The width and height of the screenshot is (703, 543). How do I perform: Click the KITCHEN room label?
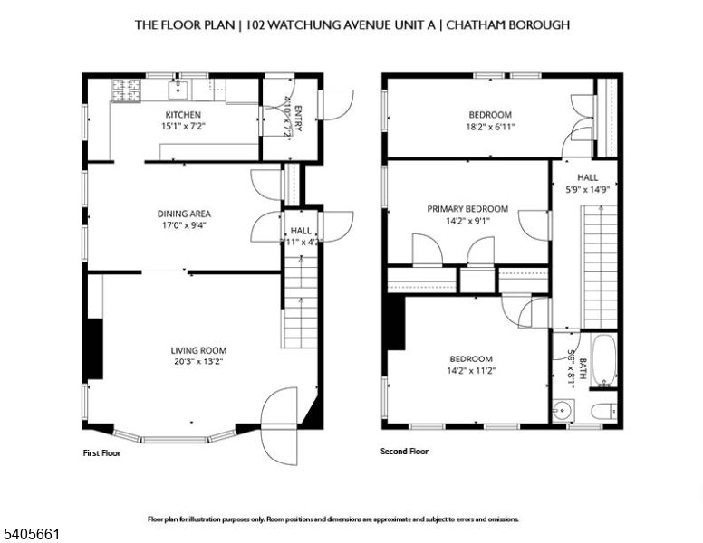pos(182,115)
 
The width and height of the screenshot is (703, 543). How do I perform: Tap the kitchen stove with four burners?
pos(123,90)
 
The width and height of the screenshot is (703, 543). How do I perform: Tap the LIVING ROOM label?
pos(198,350)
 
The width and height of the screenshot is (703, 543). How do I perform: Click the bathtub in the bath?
pos(603,360)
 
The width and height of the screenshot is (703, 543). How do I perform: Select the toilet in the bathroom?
pos(604,412)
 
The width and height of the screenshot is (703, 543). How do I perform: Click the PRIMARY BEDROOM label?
pos(467,208)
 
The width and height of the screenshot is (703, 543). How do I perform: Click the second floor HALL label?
pos(587,178)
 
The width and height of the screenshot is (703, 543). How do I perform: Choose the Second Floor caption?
pos(405,451)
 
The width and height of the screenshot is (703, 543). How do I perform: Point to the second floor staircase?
pos(599,266)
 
